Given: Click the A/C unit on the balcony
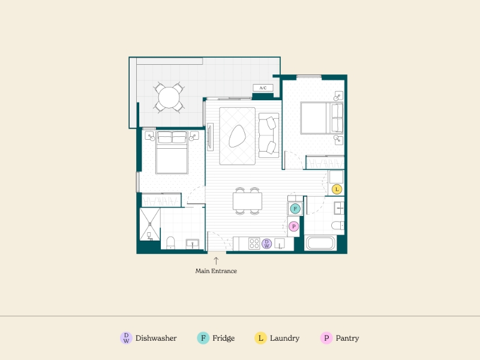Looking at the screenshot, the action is click(263, 88).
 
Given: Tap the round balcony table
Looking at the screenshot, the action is click(169, 98).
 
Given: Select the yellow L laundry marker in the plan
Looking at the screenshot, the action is click(337, 189).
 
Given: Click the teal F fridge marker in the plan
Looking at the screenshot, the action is click(295, 209).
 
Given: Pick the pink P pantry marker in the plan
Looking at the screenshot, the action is click(293, 226).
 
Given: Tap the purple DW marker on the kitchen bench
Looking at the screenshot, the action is click(266, 244).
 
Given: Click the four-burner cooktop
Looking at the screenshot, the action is click(254, 244).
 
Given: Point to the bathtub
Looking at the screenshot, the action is click(320, 243).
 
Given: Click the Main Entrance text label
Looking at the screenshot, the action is click(216, 271).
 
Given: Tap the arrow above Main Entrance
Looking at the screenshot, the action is click(216, 261).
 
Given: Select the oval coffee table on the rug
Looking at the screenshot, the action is click(237, 136).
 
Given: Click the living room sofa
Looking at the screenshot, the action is click(269, 135).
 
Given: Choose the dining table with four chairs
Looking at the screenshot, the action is click(247, 201).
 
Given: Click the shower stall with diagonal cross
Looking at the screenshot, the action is click(150, 224).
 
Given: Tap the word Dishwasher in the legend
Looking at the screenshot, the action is click(156, 338).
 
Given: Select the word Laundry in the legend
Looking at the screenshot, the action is click(284, 338).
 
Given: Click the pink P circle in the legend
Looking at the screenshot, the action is click(326, 338).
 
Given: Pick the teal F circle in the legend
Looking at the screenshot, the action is click(203, 338).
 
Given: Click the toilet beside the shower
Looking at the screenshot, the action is click(170, 243).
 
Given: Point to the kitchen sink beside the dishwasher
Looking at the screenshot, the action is click(280, 244).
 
